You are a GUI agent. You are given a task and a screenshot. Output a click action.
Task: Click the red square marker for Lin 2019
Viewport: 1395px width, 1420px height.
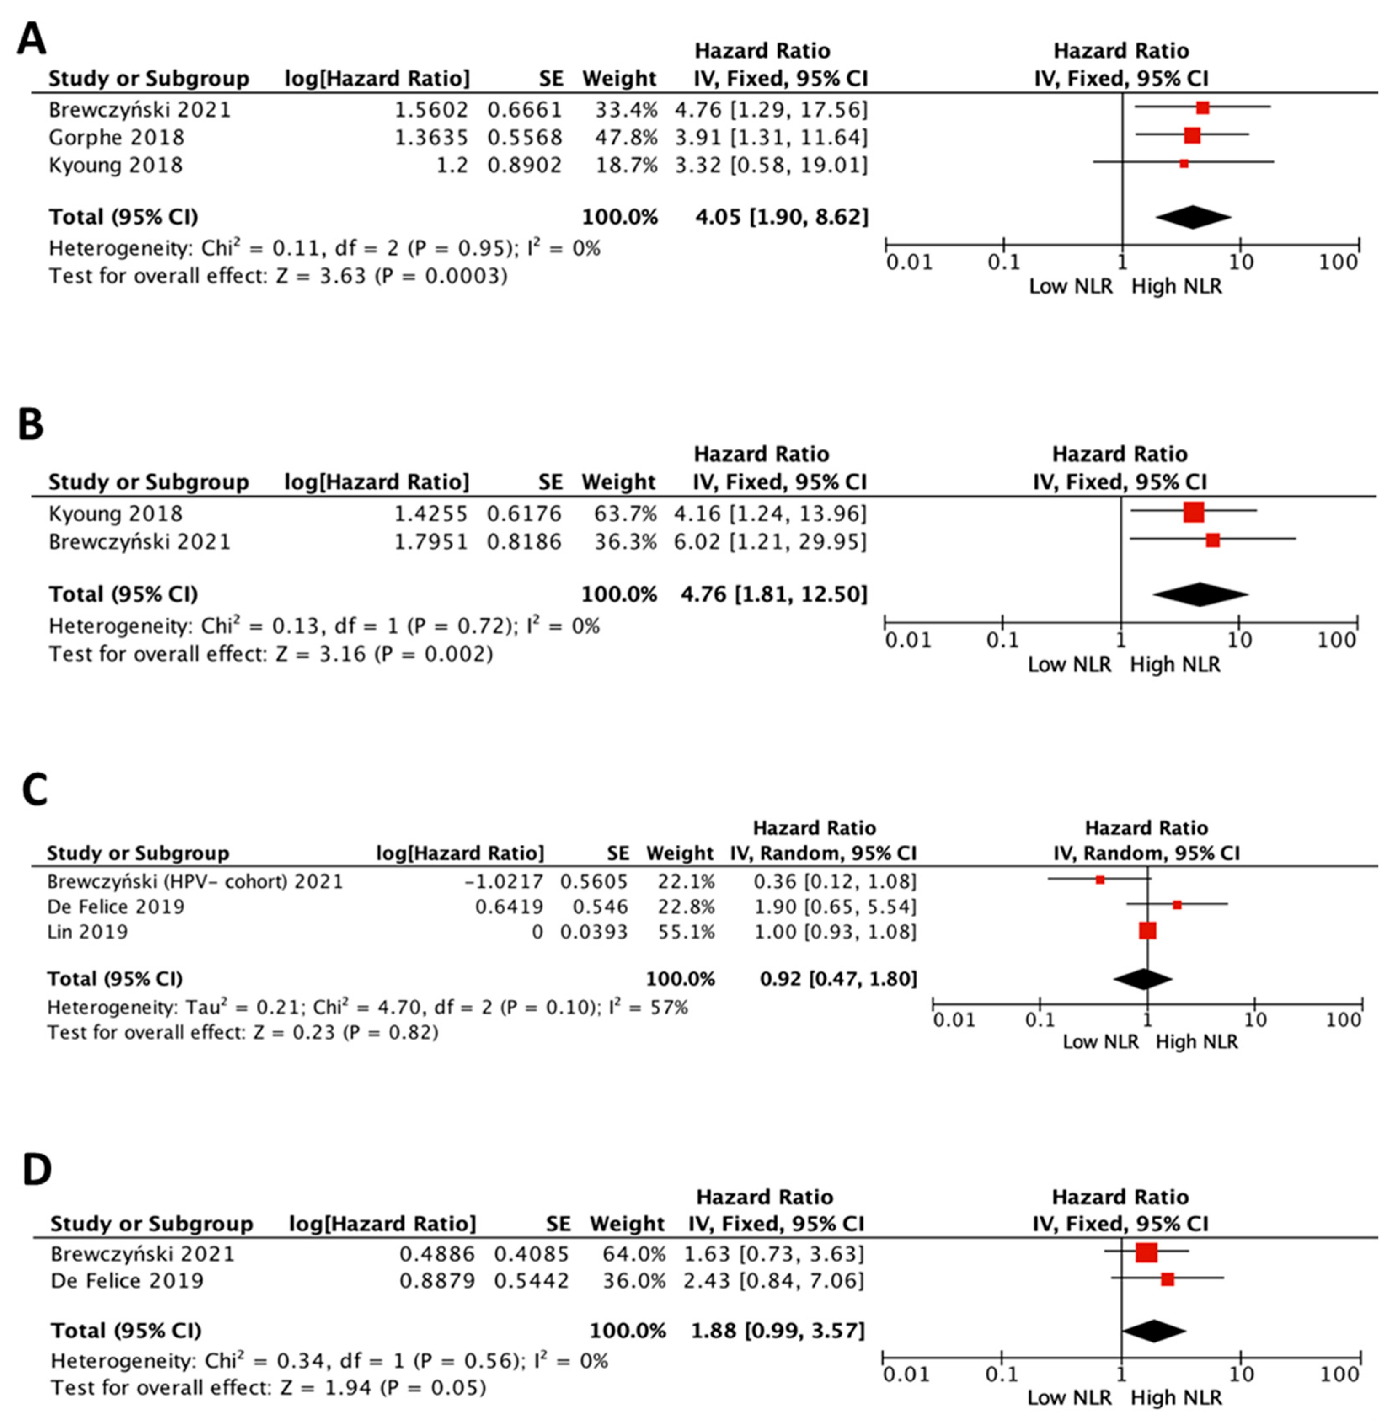tap(1147, 931)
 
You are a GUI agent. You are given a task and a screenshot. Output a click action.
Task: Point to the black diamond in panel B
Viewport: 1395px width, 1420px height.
tap(1200, 594)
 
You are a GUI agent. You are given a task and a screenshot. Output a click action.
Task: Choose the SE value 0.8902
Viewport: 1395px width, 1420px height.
tap(524, 165)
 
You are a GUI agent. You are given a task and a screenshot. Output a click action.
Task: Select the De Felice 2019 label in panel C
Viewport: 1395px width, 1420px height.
tap(116, 907)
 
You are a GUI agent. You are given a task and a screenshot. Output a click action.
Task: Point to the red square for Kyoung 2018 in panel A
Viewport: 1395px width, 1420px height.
tap(1183, 164)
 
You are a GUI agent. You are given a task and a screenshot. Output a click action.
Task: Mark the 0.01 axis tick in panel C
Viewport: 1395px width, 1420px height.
tap(954, 1020)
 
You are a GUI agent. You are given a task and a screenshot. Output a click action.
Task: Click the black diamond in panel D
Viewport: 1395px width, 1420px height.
tap(1153, 1331)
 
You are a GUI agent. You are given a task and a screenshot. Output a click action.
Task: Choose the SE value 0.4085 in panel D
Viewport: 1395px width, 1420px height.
tap(531, 1254)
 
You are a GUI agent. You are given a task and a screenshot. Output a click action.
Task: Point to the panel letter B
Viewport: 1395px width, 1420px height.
tap(31, 425)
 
